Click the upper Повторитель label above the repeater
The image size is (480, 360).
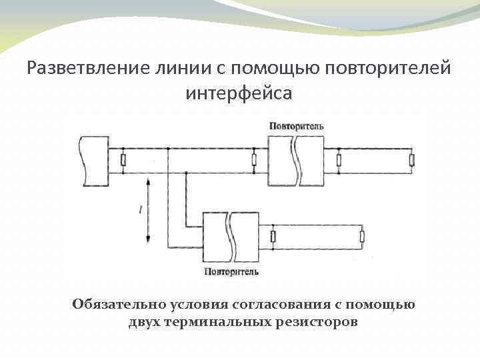pyautogui.click(x=297, y=125)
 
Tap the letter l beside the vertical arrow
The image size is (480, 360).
pyautogui.click(x=141, y=210)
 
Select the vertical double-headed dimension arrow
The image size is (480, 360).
pyautogui.click(x=148, y=212)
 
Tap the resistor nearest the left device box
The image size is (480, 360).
pyautogui.click(x=123, y=160)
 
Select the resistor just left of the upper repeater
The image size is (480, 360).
pyautogui.click(x=253, y=160)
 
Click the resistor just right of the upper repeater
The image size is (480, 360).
pyautogui.click(x=339, y=160)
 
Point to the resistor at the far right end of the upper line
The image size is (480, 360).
pyautogui.click(x=412, y=160)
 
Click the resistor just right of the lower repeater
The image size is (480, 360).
pyautogui.click(x=273, y=237)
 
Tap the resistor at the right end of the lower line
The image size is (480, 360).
pyautogui.click(x=363, y=237)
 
